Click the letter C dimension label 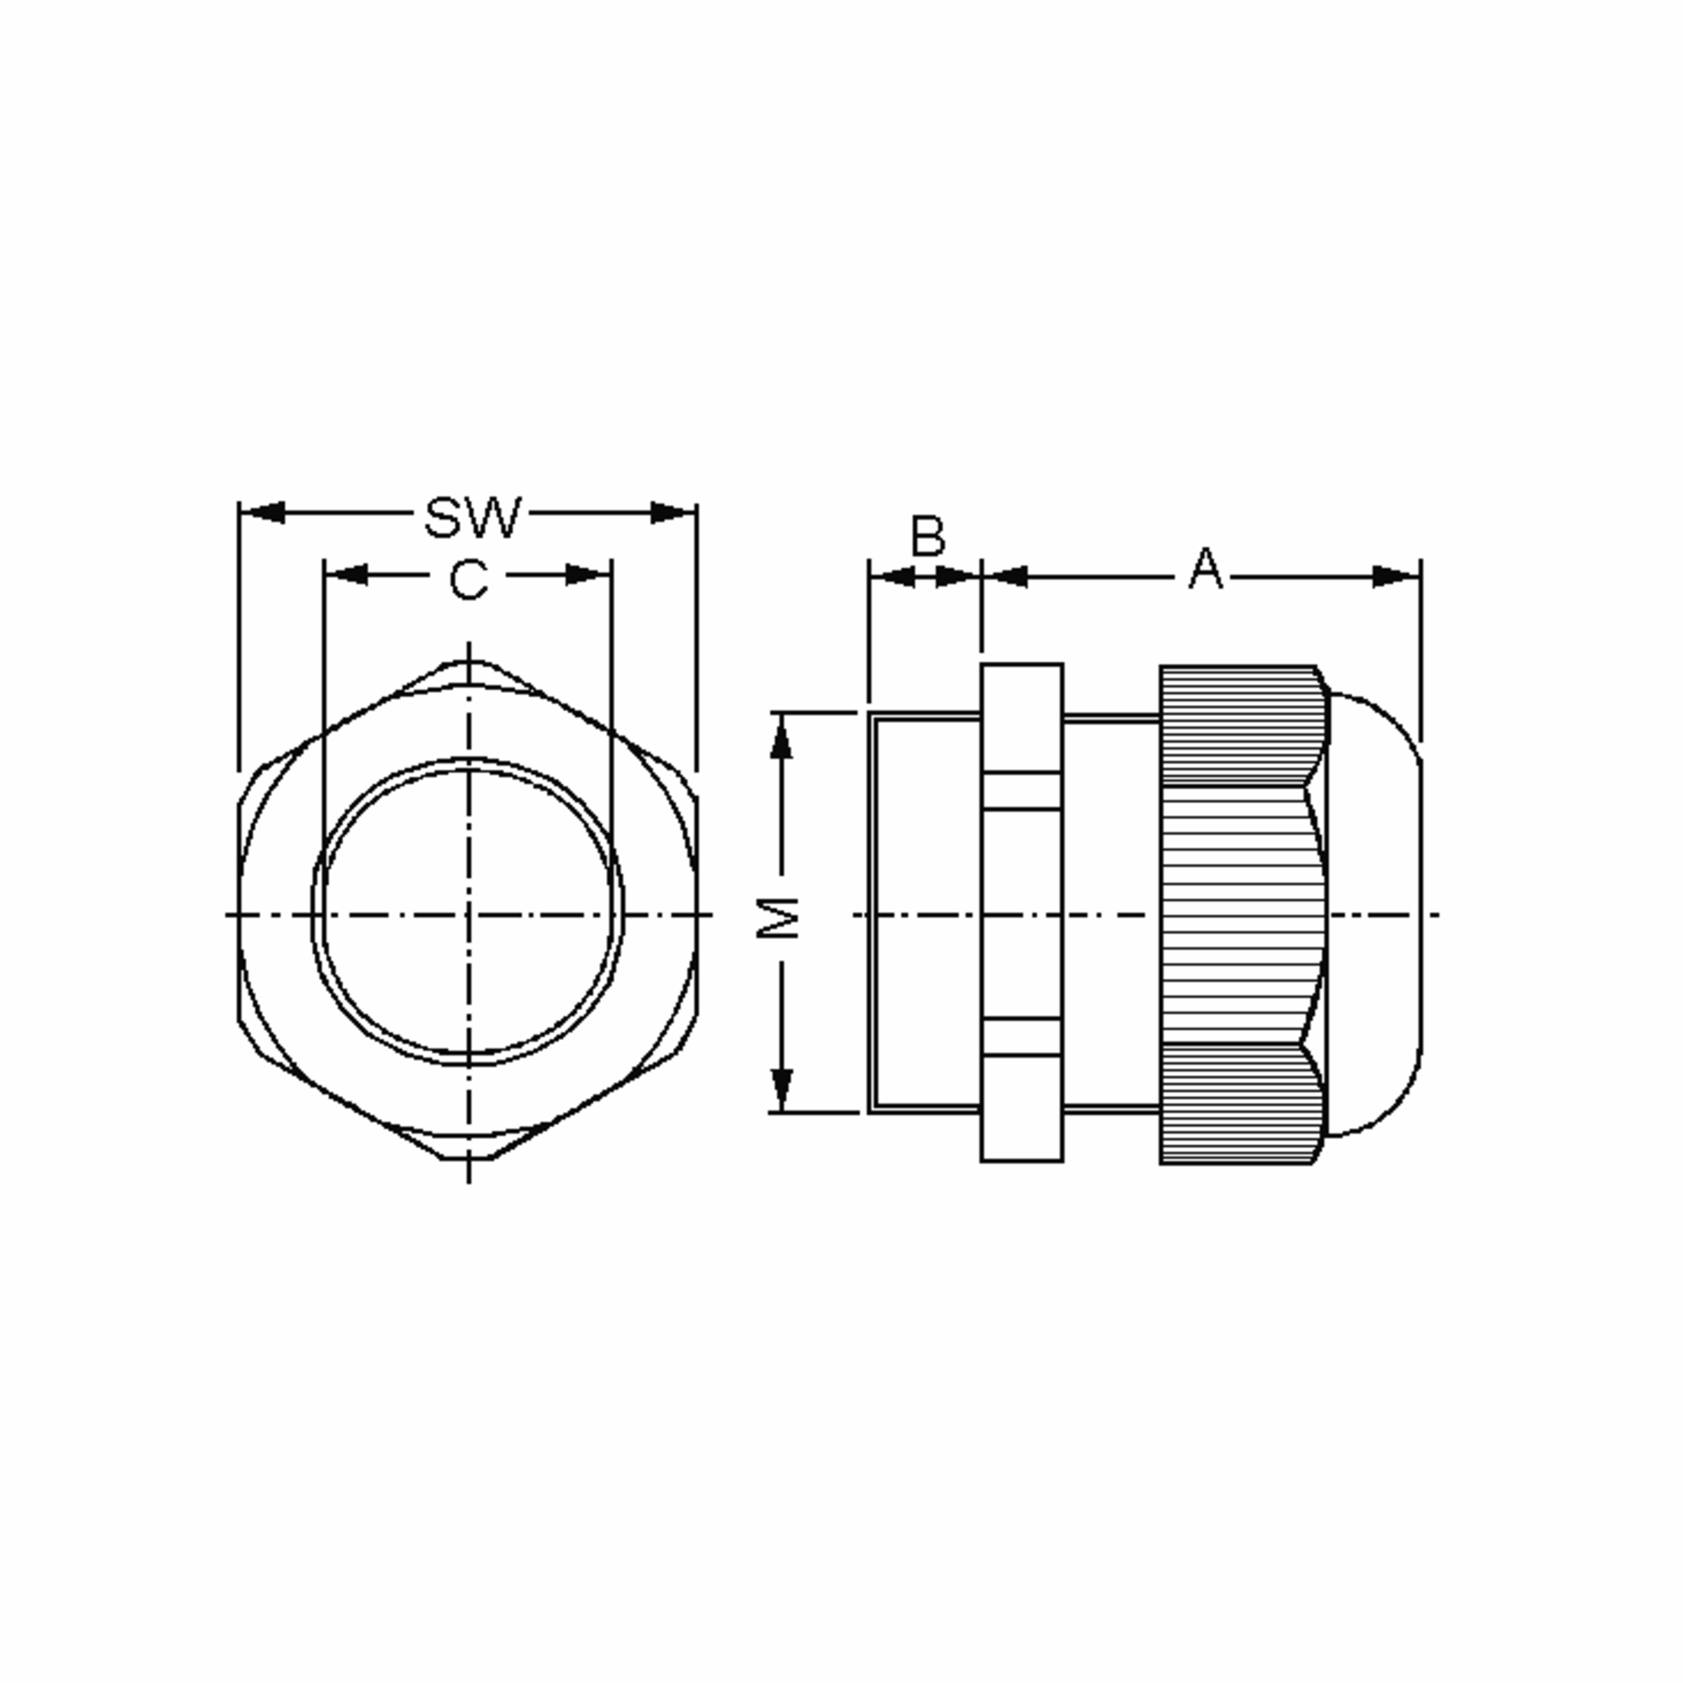coord(468,579)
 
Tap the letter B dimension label coord(928,536)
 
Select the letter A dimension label coord(1205,569)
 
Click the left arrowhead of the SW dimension coord(262,512)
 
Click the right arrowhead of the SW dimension coord(673,512)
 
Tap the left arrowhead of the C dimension coord(346,575)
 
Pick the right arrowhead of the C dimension coord(588,575)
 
